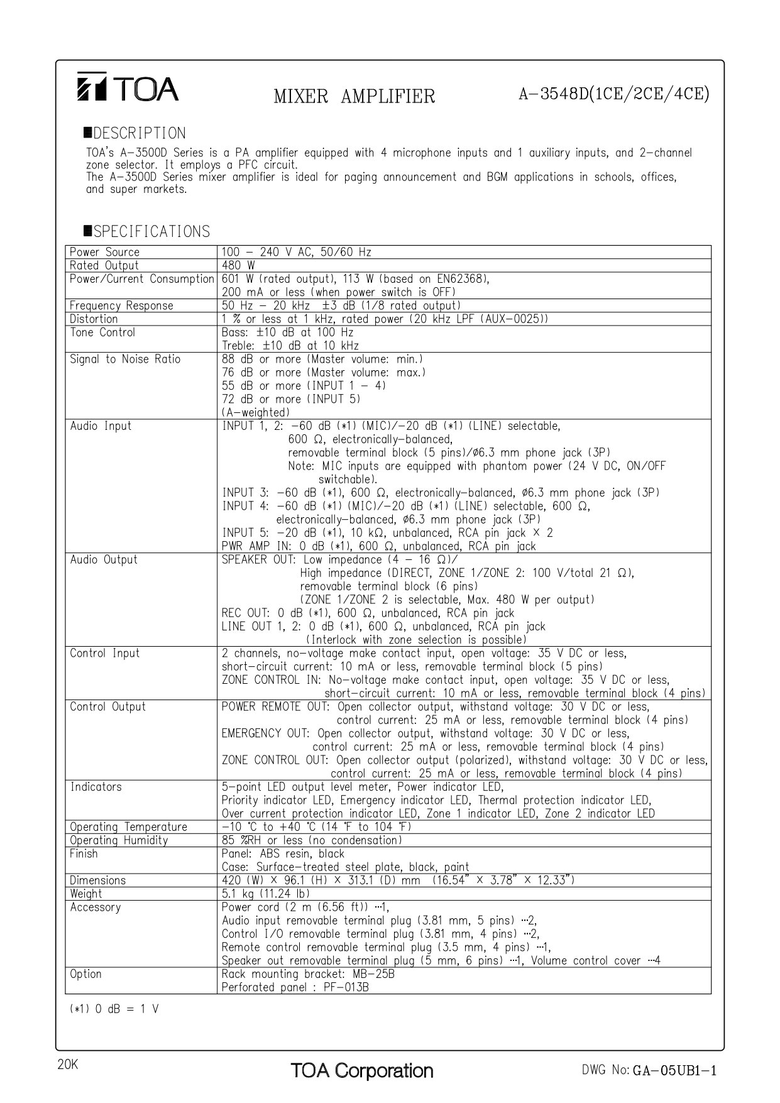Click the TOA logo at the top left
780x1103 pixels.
pyautogui.click(x=128, y=88)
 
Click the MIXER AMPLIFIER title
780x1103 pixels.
pyautogui.click(x=354, y=96)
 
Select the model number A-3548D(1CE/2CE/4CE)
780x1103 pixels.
pyautogui.click(x=613, y=94)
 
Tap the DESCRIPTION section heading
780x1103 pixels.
pyautogui.click(x=135, y=133)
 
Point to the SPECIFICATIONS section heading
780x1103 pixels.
pyautogui.click(x=147, y=231)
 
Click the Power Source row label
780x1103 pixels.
pyautogui.click(x=104, y=252)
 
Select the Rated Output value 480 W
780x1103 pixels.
pyautogui.click(x=238, y=265)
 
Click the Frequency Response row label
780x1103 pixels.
pyautogui.click(x=121, y=305)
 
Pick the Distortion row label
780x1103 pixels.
pyautogui.click(x=94, y=319)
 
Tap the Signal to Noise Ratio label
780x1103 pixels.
pyautogui.click(x=125, y=359)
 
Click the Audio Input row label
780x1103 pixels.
pyautogui.click(x=101, y=425)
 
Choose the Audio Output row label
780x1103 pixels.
pyautogui.click(x=104, y=559)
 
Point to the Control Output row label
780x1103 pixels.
pyautogui.click(x=107, y=706)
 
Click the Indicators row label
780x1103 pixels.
pyautogui.click(x=96, y=786)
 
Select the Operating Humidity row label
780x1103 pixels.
pyautogui.click(x=119, y=840)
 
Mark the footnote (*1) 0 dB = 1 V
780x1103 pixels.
pyautogui.click(x=114, y=1009)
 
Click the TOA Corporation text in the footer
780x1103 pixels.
pyautogui.click(x=361, y=1070)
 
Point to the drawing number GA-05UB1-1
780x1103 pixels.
pyautogui.click(x=674, y=1070)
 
